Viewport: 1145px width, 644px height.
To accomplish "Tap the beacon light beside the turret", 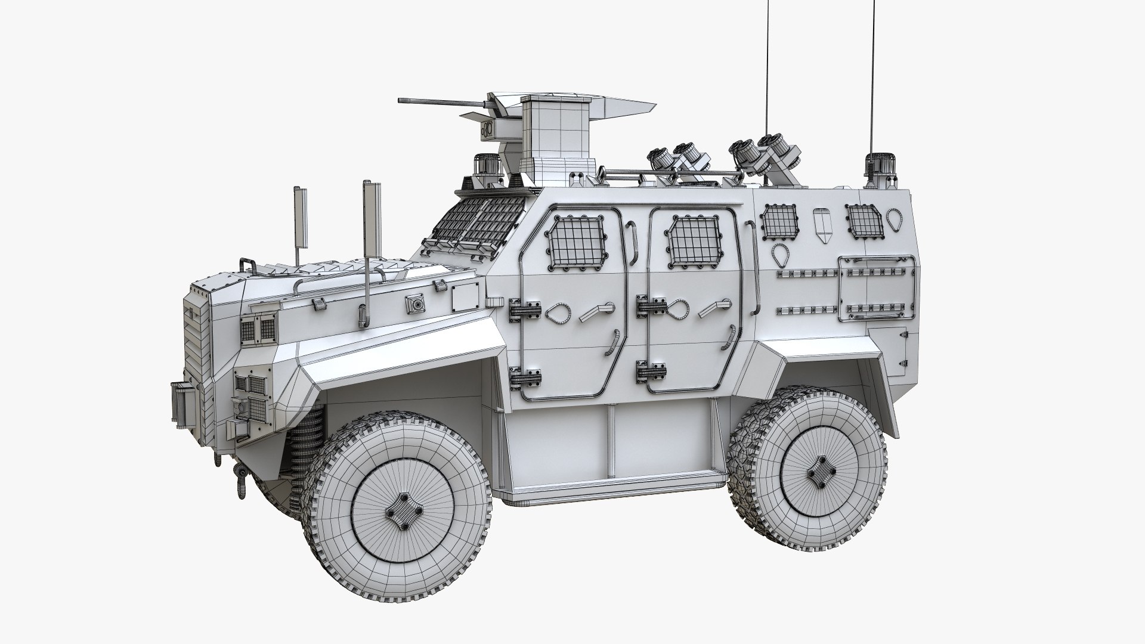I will tap(482, 165).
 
